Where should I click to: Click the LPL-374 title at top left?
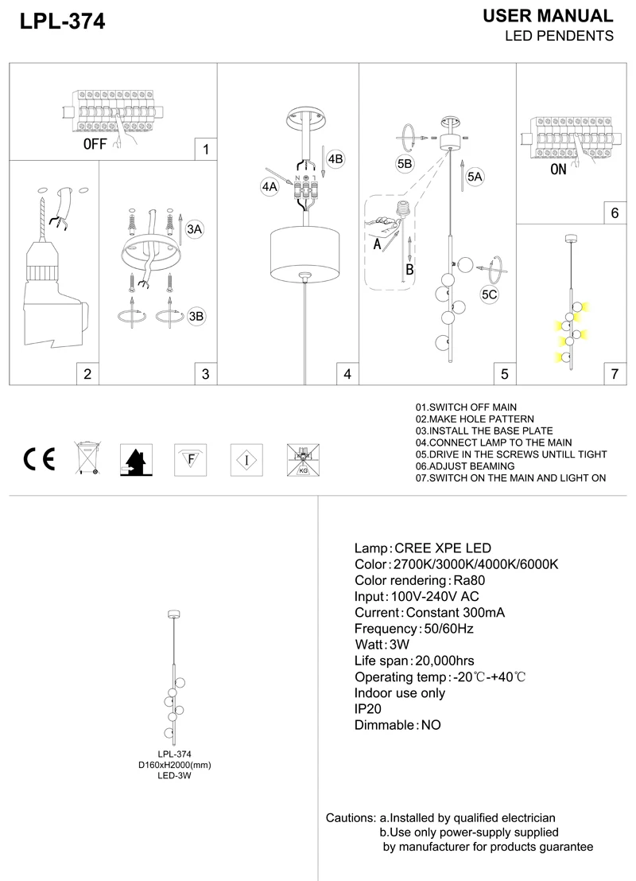(62, 21)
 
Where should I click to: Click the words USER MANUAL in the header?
(548, 16)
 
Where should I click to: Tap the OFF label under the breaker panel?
(95, 144)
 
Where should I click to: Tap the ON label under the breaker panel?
(558, 170)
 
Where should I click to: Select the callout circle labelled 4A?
(270, 186)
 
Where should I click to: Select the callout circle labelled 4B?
(335, 159)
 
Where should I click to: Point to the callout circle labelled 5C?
(489, 294)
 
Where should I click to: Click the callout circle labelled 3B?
(196, 316)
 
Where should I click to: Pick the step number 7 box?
(615, 374)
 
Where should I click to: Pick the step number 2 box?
(87, 374)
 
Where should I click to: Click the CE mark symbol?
(39, 460)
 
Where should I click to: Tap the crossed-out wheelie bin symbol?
(87, 458)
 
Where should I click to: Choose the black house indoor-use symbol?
(136, 460)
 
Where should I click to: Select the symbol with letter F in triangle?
(191, 460)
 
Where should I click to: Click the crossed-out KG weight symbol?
(303, 460)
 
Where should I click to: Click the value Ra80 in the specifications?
(469, 580)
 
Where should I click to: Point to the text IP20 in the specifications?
(367, 709)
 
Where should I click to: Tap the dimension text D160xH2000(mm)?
(175, 765)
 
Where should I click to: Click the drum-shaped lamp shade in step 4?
(304, 253)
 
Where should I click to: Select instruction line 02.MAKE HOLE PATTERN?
(475, 419)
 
